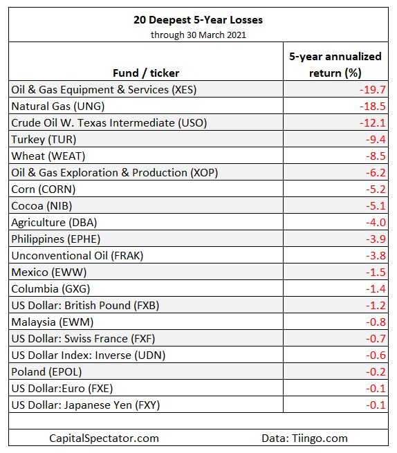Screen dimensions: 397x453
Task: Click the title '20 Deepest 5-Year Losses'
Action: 198,20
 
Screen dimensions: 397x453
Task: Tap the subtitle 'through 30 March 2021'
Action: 198,35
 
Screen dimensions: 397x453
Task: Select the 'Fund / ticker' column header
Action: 146,73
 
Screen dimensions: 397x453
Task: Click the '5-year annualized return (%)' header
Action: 335,65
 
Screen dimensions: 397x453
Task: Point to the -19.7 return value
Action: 372,89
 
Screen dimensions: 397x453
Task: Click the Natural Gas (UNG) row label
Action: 58,107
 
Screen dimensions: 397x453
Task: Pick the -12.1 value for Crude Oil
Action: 372,123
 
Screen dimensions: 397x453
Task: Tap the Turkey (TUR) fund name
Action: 44,140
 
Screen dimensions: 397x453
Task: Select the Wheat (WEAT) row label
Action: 48,156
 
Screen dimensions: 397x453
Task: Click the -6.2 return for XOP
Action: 376,173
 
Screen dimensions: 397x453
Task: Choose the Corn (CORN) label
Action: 44,189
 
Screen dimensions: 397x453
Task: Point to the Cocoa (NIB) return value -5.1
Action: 376,206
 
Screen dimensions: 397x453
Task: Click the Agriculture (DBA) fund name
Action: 54,223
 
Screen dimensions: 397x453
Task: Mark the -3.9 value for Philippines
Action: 376,239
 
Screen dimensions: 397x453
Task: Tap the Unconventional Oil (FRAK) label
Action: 77,256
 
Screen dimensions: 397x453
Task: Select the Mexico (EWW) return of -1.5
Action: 376,272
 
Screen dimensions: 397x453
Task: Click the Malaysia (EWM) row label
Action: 53,322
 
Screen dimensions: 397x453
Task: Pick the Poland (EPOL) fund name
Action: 46,372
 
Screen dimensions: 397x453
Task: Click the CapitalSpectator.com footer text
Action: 104,438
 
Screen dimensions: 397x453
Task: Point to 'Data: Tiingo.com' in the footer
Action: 304,438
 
